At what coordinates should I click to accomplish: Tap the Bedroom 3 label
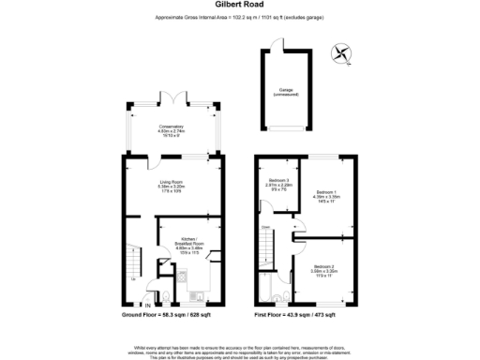tap(280, 184)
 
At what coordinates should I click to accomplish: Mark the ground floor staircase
tap(133, 257)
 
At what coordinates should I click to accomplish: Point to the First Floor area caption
tap(301, 317)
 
